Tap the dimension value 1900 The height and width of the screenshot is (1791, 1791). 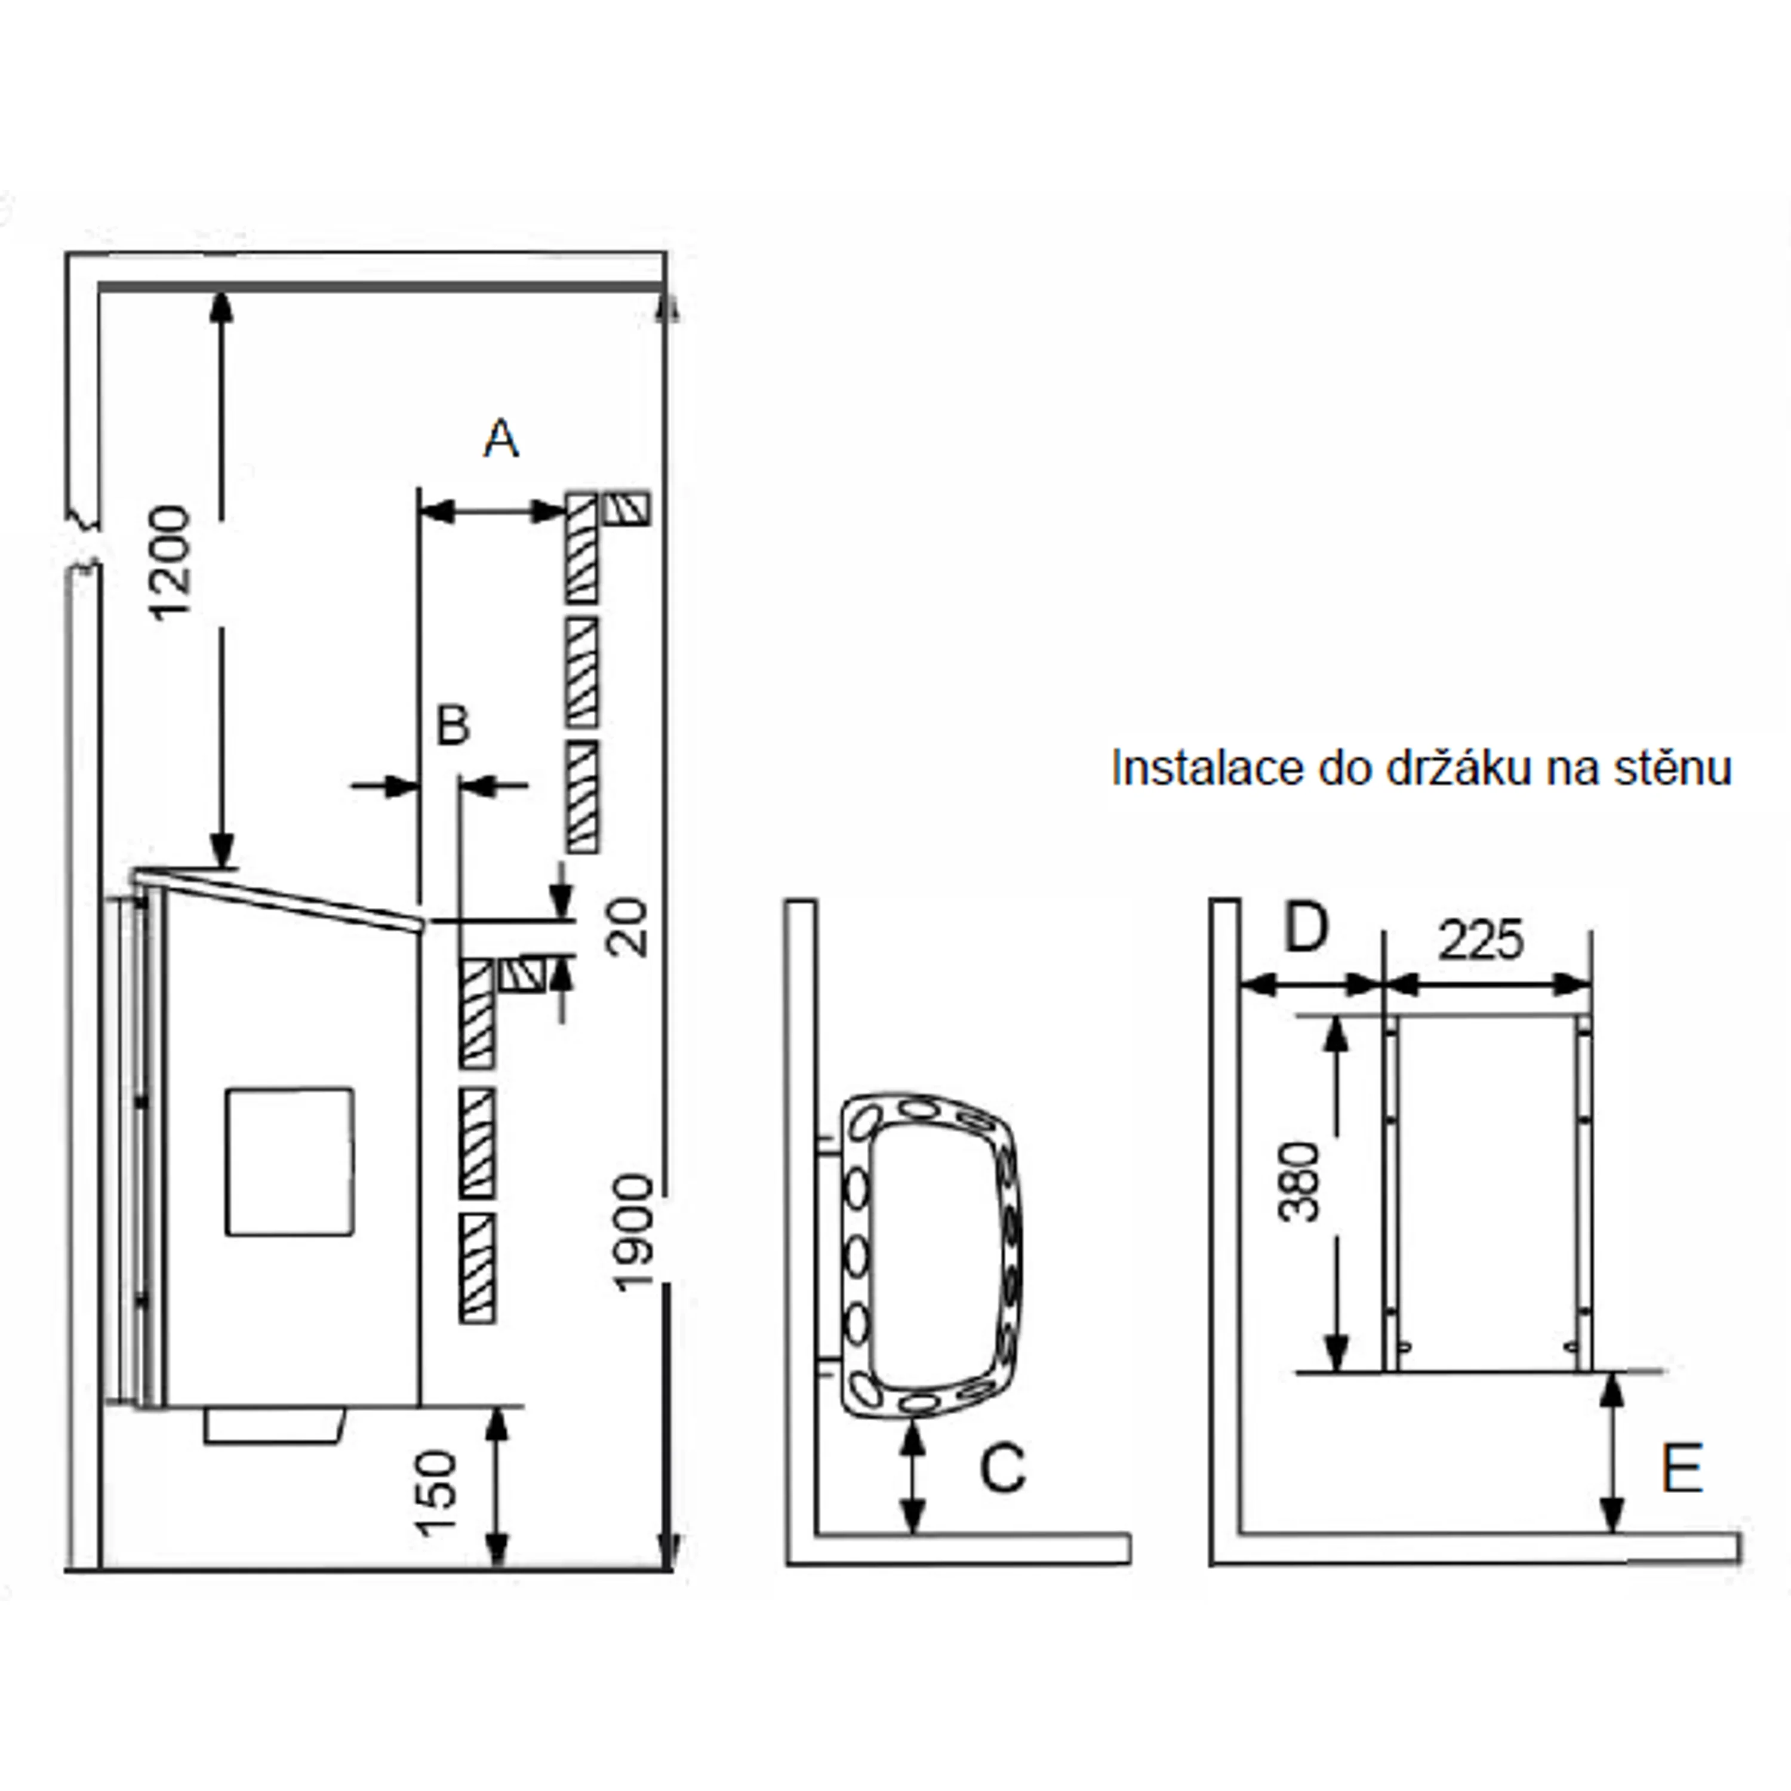click(x=634, y=1232)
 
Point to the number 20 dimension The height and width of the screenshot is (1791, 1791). click(x=630, y=927)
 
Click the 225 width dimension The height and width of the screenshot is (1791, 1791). click(x=1481, y=941)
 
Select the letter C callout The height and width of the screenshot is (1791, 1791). click(x=1003, y=1467)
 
